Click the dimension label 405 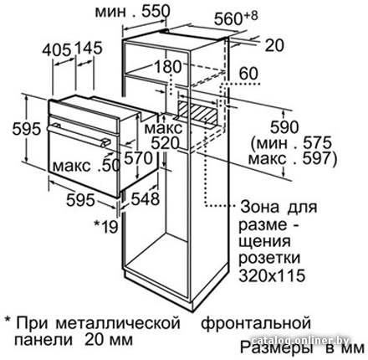coord(57,50)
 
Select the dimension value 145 coord(88,48)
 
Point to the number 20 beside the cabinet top coord(274,45)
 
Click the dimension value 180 coord(168,67)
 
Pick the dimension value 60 coord(248,74)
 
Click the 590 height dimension coord(284,127)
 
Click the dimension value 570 coord(138,158)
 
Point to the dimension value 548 coord(146,199)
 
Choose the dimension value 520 coord(165,144)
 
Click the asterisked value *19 coord(106,227)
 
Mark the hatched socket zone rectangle coord(197,111)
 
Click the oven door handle coord(79,136)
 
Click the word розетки coord(269,258)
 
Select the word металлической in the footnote coord(118,323)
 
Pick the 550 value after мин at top coord(156,12)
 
